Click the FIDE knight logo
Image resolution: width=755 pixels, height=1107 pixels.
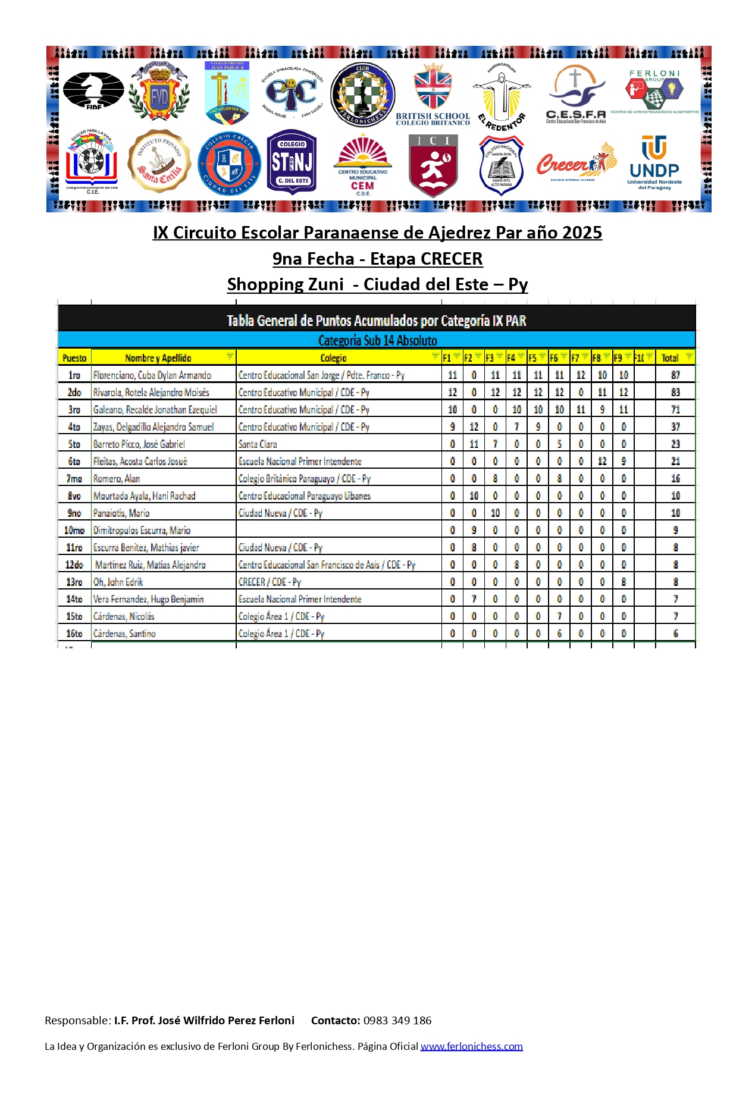coord(93,90)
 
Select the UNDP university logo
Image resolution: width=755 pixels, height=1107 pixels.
coord(654,162)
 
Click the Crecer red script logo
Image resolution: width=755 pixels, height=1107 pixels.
coord(575,162)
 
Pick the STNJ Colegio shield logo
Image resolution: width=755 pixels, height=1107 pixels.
coord(292,162)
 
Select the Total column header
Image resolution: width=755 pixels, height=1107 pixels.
coord(670,357)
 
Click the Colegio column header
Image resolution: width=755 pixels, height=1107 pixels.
coord(333,357)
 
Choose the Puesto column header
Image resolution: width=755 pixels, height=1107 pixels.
coord(74,357)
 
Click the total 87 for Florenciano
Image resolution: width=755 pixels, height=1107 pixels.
coord(675,375)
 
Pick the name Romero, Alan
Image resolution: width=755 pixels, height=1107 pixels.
coord(117,478)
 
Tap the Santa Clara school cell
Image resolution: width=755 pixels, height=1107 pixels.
coord(258,444)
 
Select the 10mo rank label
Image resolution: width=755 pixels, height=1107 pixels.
coord(74,530)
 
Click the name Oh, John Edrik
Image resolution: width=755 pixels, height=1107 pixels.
coord(118,582)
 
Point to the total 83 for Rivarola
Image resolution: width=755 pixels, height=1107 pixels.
coord(675,392)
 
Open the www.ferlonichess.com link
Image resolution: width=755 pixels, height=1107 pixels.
coord(471,1046)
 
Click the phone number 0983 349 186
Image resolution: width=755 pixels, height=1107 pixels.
coord(397,1020)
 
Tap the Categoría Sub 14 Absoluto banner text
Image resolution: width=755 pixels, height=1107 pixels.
coord(377,340)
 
